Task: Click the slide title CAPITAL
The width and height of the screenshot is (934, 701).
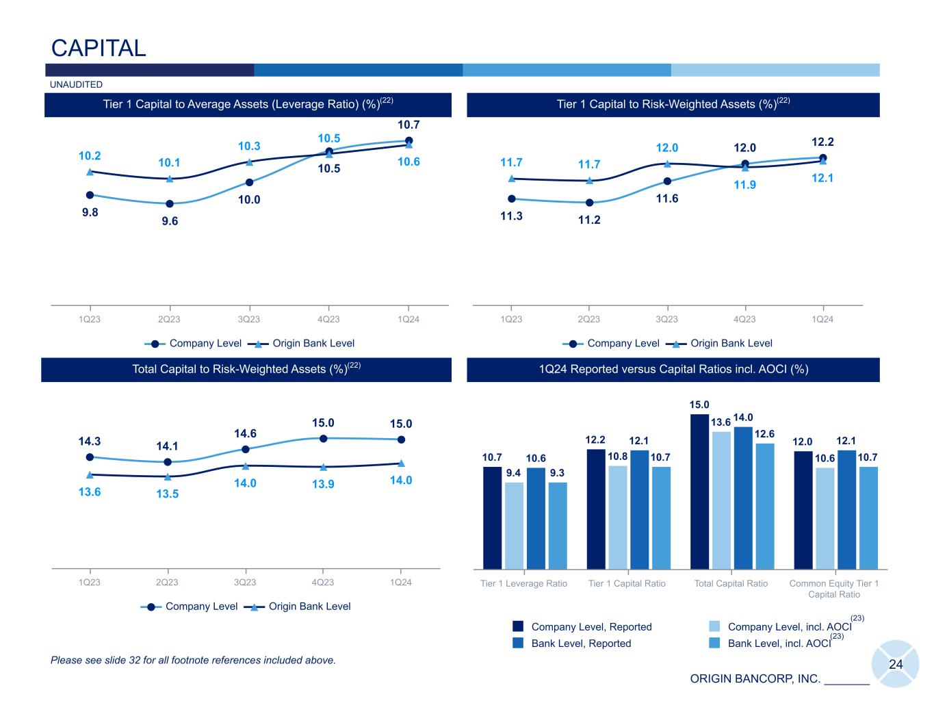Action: tap(99, 48)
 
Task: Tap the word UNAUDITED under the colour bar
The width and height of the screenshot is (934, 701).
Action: tap(76, 85)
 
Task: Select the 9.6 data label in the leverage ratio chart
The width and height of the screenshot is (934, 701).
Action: tap(170, 221)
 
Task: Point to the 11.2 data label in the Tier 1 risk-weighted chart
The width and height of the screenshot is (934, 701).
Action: tap(589, 220)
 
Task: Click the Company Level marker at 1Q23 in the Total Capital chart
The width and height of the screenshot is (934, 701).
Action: tap(90, 457)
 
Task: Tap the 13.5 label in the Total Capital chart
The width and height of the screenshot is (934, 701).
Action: tap(168, 494)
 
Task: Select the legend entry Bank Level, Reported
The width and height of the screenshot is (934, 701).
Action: tap(581, 643)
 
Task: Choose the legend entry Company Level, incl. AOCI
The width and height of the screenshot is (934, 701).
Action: tap(789, 627)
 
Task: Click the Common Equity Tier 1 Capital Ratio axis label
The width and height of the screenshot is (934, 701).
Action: tap(833, 589)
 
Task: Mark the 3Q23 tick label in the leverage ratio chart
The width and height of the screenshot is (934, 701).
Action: tap(249, 319)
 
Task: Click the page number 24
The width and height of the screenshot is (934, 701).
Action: tap(896, 664)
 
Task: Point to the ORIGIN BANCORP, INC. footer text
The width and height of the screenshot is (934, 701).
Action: tap(755, 679)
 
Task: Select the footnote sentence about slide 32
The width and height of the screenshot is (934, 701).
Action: tap(193, 661)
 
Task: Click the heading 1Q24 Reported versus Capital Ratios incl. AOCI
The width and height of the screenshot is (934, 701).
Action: tap(673, 370)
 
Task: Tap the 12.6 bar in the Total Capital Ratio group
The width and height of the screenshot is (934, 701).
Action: tap(765, 506)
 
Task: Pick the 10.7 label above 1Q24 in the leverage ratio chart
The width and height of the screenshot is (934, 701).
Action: tap(408, 125)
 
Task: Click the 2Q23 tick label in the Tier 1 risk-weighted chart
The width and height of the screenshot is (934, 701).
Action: tap(589, 319)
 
